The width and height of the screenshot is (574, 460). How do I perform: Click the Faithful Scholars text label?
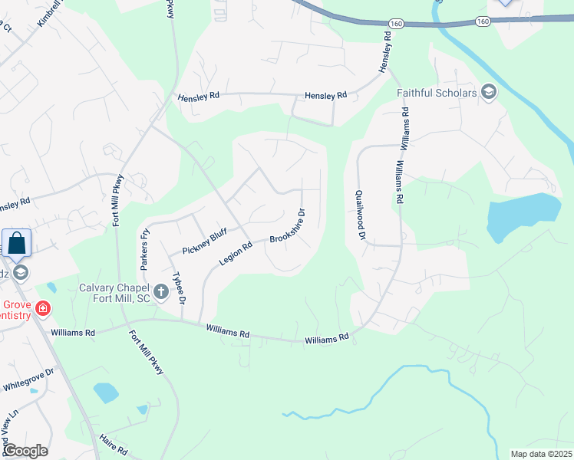[x=436, y=94]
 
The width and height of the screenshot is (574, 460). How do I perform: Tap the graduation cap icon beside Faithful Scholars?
[x=488, y=94]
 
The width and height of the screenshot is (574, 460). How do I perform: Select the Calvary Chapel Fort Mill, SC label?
[x=116, y=292]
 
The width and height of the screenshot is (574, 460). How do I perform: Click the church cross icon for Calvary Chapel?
[x=161, y=291]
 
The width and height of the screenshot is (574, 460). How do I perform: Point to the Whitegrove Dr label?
[x=28, y=379]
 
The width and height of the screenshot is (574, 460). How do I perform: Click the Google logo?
[x=25, y=451]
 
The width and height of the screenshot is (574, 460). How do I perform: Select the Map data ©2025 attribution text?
[x=541, y=454]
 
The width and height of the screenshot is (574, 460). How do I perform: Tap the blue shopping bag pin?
[x=16, y=244]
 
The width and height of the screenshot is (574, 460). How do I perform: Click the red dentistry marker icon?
[x=44, y=309]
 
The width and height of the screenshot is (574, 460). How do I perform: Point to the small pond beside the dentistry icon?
[x=51, y=287]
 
